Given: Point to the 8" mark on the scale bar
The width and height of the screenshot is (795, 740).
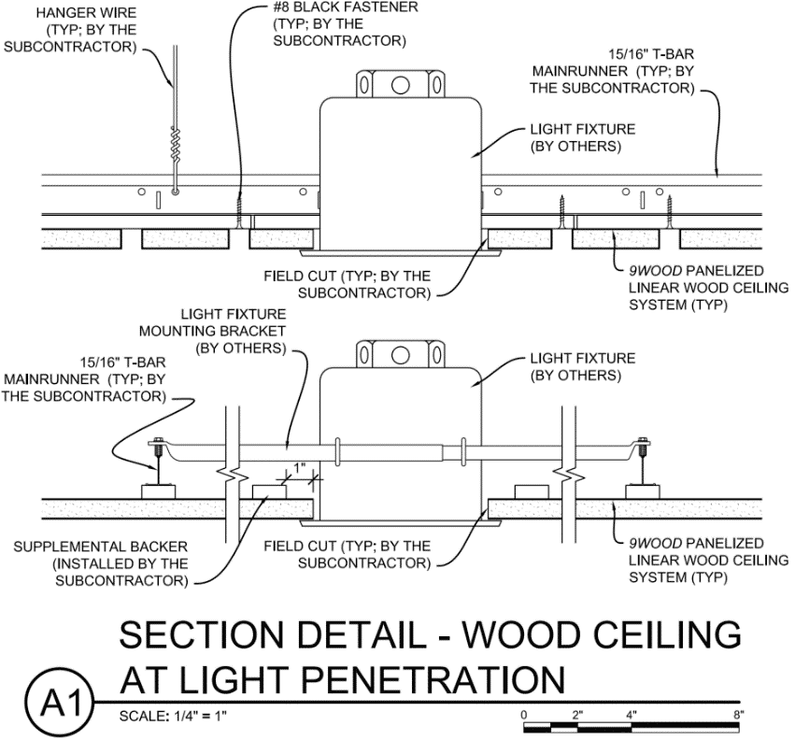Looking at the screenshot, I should (738, 714).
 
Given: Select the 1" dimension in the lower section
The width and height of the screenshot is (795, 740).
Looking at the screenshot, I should (300, 466).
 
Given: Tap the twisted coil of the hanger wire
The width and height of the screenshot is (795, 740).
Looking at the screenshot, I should (175, 141).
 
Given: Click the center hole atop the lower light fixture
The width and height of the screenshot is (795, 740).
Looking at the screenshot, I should (400, 354).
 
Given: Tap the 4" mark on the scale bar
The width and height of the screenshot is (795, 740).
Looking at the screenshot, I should (632, 714).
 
